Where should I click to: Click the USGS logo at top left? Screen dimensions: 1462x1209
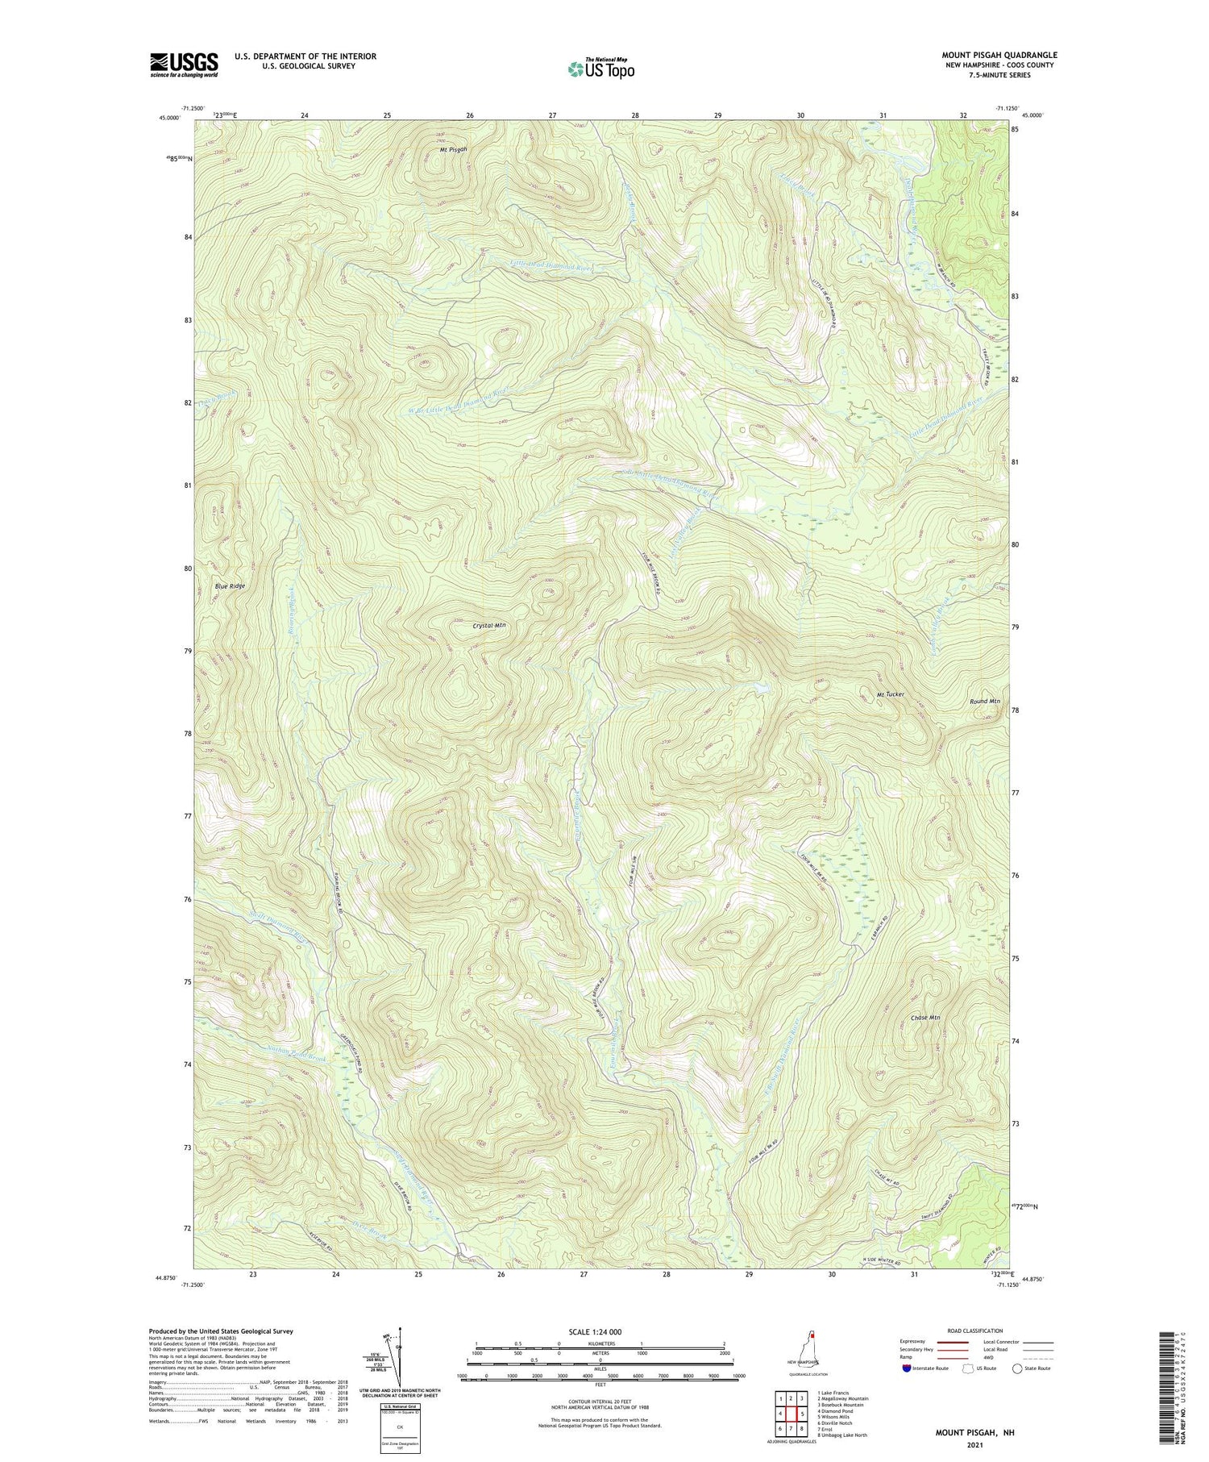pos(184,65)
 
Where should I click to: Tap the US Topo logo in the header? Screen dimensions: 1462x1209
pos(600,69)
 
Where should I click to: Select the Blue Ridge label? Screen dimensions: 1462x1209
pos(230,586)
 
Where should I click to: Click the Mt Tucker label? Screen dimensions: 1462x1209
pos(890,694)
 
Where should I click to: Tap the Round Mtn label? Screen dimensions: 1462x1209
pos(984,702)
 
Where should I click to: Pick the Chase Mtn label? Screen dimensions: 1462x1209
pos(925,1018)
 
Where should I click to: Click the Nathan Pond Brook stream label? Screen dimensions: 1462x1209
pos(295,1052)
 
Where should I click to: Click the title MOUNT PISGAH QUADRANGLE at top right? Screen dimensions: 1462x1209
pos(999,55)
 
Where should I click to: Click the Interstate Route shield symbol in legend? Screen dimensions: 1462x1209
pos(905,1368)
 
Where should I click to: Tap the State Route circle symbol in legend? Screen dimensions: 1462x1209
pos(1017,1368)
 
